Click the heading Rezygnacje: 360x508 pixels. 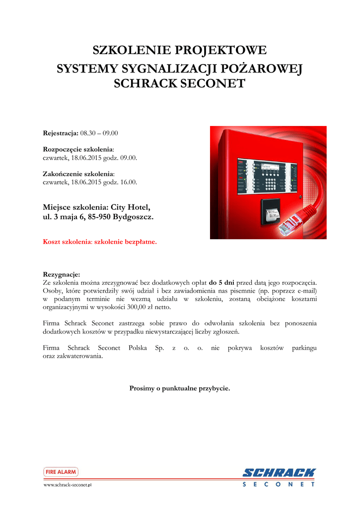[x=62, y=274]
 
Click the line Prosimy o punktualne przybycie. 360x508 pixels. [x=180, y=388]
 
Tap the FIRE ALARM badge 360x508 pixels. [x=61, y=472]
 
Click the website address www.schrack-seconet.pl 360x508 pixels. [x=68, y=485]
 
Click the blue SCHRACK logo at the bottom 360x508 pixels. [x=279, y=473]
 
